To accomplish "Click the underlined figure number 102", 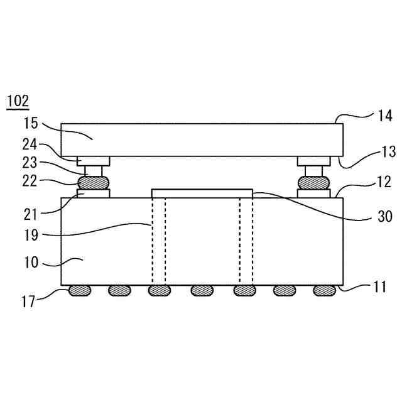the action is coord(18,101).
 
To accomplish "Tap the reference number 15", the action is coord(31,123).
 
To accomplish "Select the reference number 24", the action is coord(30,145).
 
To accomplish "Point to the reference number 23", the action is coord(30,163).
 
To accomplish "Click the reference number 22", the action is coord(30,182).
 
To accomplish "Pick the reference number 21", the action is coord(31,215).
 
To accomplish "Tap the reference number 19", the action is coord(31,235).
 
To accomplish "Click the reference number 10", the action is coord(31,263).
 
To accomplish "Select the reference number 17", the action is coord(28,301).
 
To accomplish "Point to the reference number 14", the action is coord(385,116).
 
